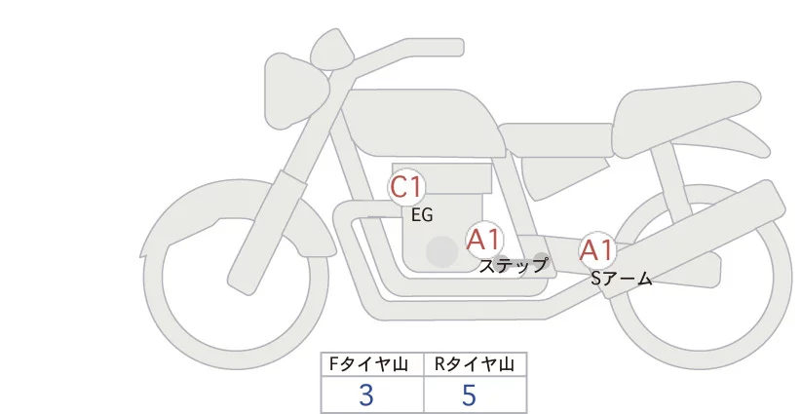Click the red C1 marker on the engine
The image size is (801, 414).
(x=405, y=188)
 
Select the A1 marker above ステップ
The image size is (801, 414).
(x=483, y=240)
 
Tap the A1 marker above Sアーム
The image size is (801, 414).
(x=597, y=250)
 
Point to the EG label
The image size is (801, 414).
(x=422, y=215)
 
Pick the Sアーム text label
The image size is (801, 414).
(x=621, y=279)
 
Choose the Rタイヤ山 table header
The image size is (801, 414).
(x=476, y=364)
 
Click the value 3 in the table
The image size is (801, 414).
(x=366, y=395)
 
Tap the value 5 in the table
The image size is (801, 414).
(x=470, y=395)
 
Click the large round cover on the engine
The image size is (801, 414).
(x=442, y=252)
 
